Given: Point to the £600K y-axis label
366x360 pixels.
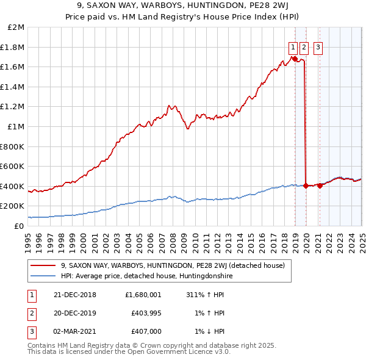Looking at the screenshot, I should tap(12, 166).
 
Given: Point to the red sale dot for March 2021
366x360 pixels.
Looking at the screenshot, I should tap(319, 186).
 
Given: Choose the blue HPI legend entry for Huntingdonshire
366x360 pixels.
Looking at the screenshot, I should tap(146, 276).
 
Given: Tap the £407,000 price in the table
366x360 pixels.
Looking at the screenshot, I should tap(146, 331).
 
